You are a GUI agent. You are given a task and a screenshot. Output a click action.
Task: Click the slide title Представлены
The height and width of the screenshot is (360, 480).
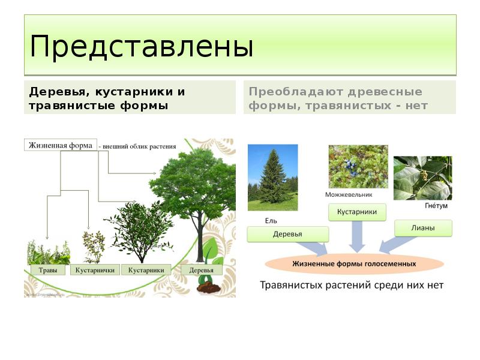(x=141, y=47)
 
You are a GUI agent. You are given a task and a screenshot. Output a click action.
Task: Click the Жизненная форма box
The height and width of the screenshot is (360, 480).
(x=60, y=145)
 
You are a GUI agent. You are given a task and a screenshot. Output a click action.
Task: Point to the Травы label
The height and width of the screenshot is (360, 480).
(x=48, y=270)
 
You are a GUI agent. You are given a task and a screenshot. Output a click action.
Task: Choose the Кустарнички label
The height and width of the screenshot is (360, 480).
(x=95, y=270)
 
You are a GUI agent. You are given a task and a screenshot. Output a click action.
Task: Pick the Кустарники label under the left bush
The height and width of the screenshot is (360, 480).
(x=146, y=270)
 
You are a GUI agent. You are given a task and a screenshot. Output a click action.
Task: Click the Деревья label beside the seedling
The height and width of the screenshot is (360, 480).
(x=201, y=270)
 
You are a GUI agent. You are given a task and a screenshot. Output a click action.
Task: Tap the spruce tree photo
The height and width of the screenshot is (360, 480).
(x=272, y=177)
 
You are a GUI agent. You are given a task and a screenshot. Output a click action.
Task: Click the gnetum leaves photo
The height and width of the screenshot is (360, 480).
(x=422, y=178)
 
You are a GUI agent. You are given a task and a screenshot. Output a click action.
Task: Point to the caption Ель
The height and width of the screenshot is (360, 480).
(x=271, y=220)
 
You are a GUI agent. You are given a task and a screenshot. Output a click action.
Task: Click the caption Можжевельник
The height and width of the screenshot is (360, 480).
(x=349, y=194)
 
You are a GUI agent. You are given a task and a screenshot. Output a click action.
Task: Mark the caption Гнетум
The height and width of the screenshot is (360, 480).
(x=436, y=206)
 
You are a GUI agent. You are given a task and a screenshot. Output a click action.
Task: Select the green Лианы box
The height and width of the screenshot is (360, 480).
(x=423, y=228)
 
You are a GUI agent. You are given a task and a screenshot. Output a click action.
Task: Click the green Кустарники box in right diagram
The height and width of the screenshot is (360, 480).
(x=356, y=212)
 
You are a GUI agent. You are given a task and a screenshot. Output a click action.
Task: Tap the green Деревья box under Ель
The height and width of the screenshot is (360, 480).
(x=287, y=234)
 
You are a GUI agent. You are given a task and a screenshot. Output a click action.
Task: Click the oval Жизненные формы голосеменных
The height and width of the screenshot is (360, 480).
(x=354, y=263)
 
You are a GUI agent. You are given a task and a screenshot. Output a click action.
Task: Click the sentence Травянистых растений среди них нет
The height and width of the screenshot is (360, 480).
(x=352, y=285)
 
